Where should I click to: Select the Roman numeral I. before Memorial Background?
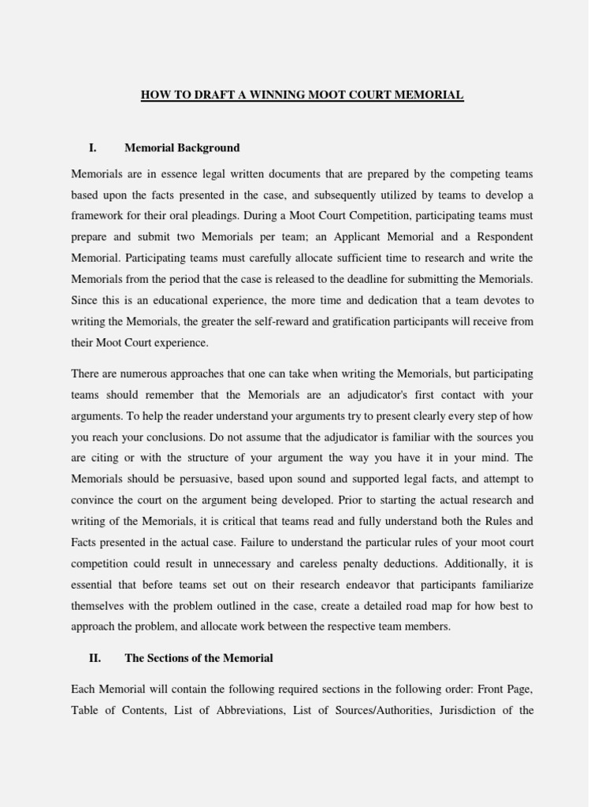93,147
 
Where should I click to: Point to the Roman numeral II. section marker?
95,658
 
